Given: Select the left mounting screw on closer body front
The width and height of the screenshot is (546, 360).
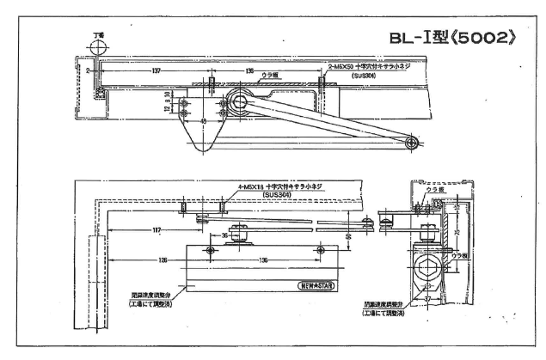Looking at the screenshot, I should [210, 249].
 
